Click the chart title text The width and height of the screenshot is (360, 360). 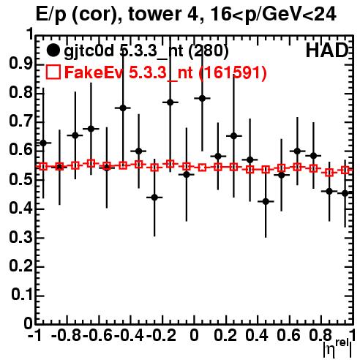(186, 14)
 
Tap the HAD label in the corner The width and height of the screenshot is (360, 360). (326, 50)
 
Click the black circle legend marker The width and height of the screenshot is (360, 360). (53, 50)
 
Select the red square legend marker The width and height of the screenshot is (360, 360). (53, 72)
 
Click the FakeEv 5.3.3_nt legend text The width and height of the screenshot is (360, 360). (165, 72)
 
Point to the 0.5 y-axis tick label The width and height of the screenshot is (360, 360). (20, 179)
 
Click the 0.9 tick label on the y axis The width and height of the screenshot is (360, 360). (20, 64)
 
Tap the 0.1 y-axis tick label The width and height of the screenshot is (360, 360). (22, 295)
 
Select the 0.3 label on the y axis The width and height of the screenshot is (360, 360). (20, 237)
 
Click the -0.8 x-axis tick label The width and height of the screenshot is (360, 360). (66, 335)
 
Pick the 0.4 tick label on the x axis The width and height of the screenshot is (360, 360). (257, 335)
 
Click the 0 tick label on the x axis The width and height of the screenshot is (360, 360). (194, 335)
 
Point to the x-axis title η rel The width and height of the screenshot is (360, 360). (337, 348)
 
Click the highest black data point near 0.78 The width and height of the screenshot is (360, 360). (202, 98)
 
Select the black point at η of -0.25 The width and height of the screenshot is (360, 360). (154, 198)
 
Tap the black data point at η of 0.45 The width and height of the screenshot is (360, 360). (266, 201)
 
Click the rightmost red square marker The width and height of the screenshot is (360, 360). (345, 170)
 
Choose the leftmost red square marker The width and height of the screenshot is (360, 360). (43, 167)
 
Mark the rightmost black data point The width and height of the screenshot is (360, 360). (345, 193)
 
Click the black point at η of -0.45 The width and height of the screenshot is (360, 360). (123, 108)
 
